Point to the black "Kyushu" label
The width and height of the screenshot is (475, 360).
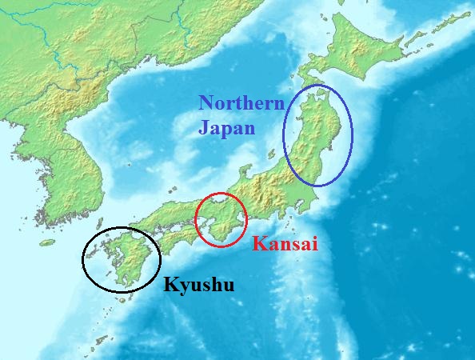click(x=199, y=284)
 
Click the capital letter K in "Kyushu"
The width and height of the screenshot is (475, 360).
click(x=170, y=283)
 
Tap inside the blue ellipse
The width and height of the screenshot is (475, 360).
click(x=318, y=136)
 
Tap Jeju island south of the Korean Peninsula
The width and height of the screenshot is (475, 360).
click(x=48, y=242)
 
